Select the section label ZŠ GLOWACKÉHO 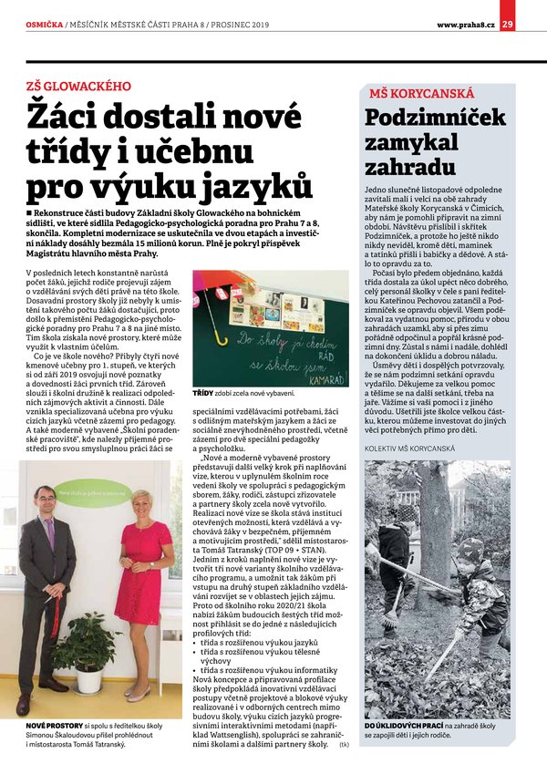pos(78,85)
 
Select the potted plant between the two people pos(89,645)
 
